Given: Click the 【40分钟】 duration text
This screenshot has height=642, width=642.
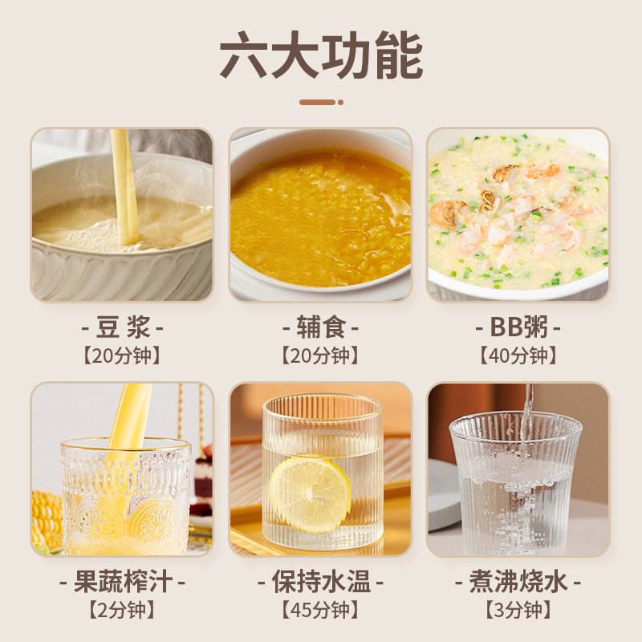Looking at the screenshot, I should click(518, 356).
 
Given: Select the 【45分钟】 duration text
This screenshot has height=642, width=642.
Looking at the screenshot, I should click(321, 609).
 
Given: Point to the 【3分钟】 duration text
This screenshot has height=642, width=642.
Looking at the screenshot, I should click(518, 609).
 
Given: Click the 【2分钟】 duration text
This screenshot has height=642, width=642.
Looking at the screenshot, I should click(122, 609).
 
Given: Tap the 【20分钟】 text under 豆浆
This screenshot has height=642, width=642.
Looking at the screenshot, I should click(122, 356).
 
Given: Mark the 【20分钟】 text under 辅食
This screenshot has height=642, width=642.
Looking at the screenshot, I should click(321, 356).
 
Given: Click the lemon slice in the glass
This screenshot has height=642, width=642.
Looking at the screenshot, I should click(310, 493).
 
